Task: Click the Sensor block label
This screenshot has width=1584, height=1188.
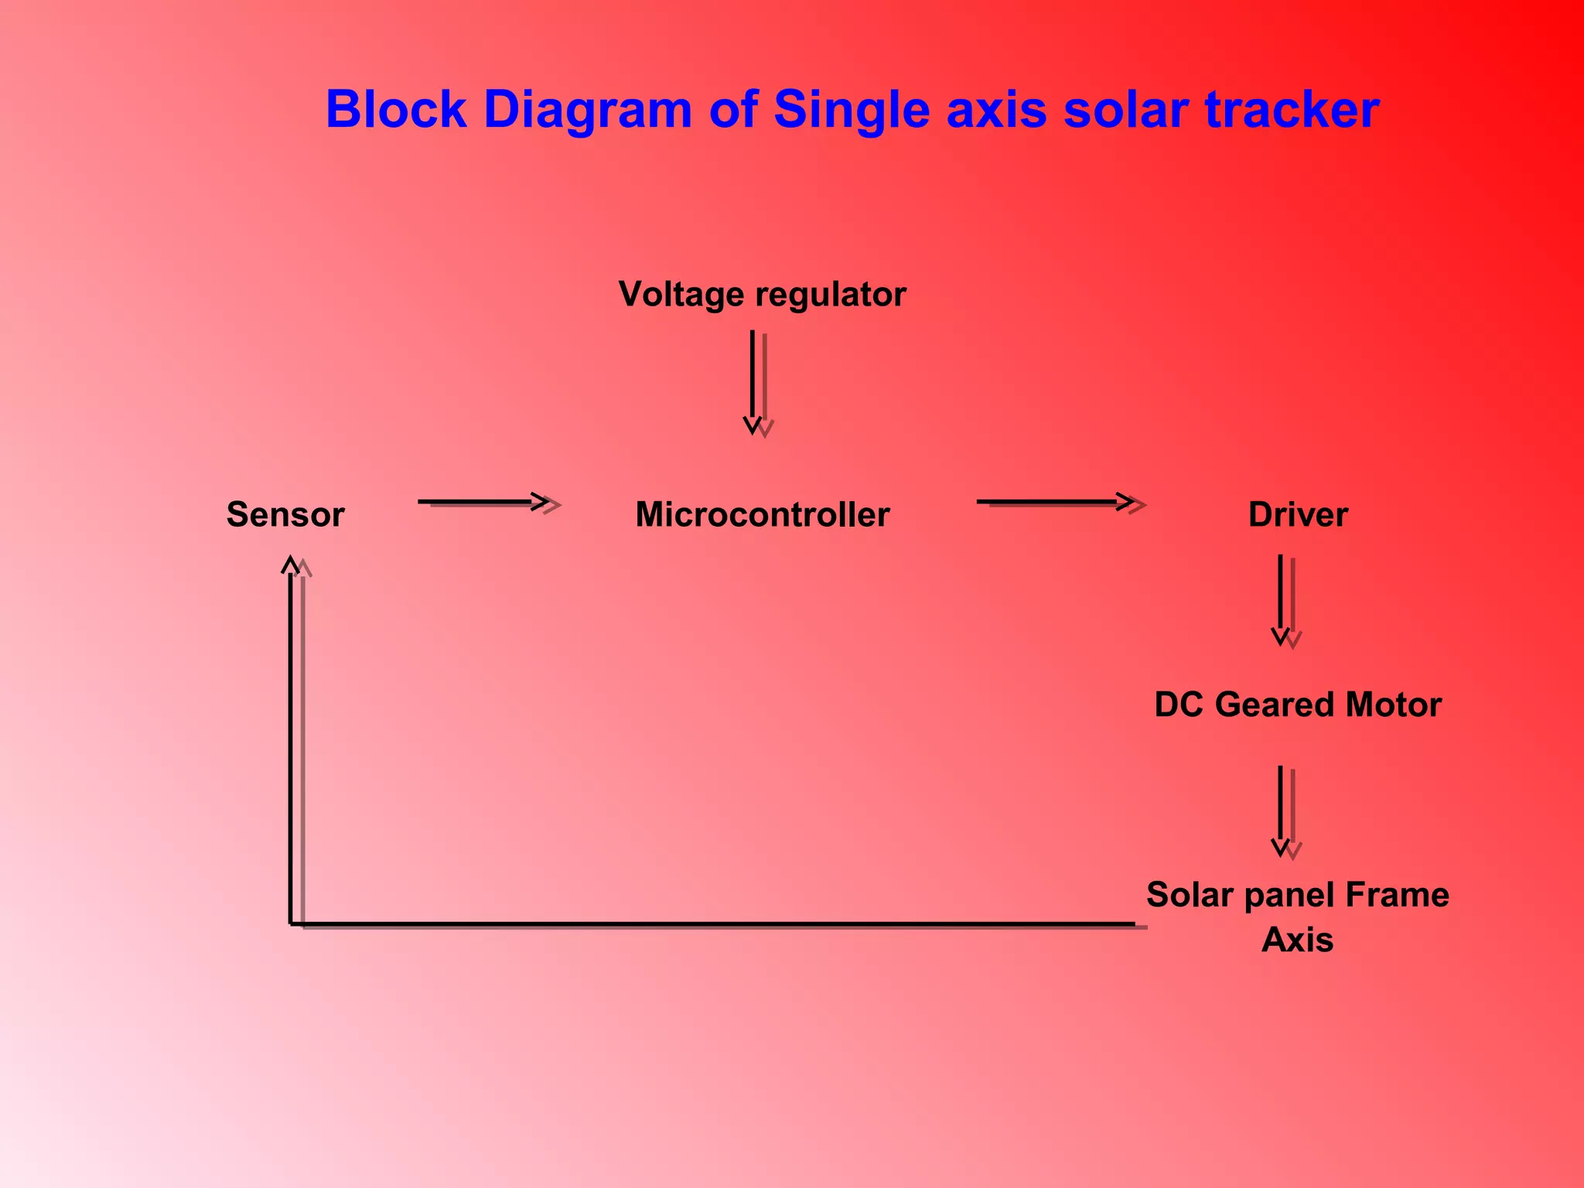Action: (285, 514)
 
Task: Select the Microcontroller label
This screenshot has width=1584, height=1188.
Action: (762, 514)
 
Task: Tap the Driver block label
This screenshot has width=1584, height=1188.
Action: (1298, 514)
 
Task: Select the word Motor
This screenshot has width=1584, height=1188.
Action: (1393, 705)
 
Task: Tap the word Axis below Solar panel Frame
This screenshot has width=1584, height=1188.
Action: (1297, 940)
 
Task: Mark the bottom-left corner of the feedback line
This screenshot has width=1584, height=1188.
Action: (291, 923)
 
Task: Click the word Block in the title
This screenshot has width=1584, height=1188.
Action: (396, 110)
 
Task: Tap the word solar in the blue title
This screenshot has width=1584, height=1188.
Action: (1125, 110)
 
